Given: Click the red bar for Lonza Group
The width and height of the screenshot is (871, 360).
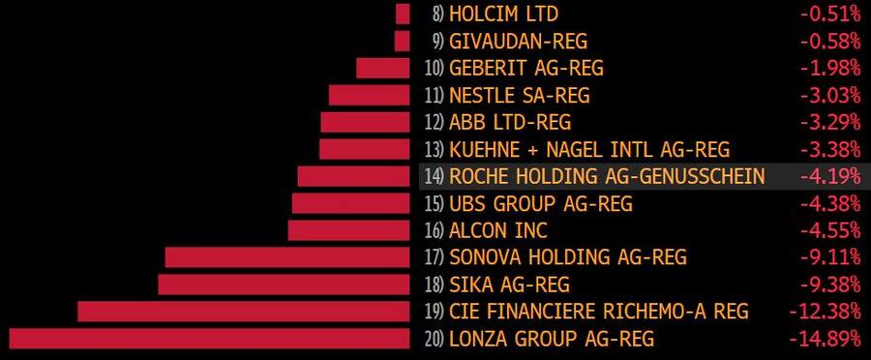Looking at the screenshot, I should pos(209,339).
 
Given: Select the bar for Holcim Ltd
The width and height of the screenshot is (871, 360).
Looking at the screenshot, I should pos(403,14).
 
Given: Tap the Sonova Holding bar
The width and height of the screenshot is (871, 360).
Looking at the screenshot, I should pos(287,257).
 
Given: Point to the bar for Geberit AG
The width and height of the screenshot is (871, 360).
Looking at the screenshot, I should pos(383,68).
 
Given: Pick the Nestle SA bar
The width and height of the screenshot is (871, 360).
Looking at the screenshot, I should pos(370,95).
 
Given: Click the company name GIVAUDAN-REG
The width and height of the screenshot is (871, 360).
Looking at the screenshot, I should pos(518,41).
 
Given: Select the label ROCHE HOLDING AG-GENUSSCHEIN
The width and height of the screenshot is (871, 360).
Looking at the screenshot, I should pos(607,176).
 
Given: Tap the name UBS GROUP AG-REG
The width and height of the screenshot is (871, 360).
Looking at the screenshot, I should pos(540,203).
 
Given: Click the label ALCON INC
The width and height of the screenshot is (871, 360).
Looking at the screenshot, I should pos(498,230).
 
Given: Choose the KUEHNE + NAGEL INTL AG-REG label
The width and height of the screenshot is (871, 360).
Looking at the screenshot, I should pos(589,149).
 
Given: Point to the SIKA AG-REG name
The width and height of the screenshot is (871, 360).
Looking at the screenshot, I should pos(509,285).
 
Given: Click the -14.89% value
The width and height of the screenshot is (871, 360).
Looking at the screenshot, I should pos(826,339).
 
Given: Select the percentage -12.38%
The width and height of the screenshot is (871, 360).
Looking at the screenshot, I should pos(826,312).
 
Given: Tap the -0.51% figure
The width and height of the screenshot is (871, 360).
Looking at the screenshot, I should pos(830,14).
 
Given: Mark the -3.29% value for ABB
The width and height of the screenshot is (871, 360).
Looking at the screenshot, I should pos(830,122).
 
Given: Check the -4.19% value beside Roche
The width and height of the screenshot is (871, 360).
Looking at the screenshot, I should pos(830,176).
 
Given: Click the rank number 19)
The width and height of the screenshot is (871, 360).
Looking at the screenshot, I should pos(434,312).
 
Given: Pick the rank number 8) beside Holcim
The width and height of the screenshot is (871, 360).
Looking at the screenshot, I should pos(438,14).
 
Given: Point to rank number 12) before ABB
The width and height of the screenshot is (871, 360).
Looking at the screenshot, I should pos(434,122).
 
